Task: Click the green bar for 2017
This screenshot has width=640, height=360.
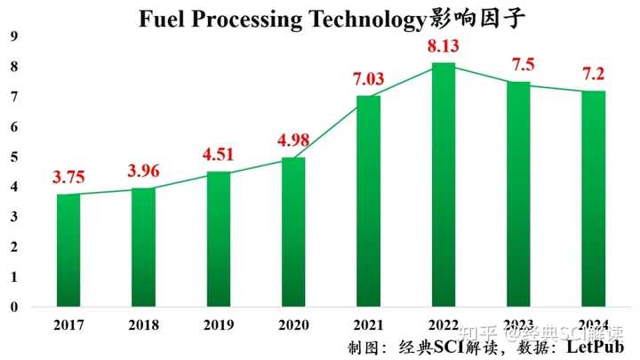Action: tap(68, 251)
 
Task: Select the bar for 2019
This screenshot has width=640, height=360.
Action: tap(219, 239)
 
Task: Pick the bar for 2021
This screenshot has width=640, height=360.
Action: tap(369, 201)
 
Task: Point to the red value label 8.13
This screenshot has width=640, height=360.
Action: tap(444, 46)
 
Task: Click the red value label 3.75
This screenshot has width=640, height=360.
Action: tap(68, 177)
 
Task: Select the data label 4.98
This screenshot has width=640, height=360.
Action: tap(293, 140)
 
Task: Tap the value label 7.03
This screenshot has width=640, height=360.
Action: tap(369, 79)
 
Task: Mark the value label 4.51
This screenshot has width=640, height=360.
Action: tap(219, 155)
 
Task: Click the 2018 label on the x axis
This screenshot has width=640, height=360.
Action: tap(144, 326)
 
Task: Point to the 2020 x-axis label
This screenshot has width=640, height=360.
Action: tap(293, 326)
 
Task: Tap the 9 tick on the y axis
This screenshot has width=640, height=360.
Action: tap(13, 36)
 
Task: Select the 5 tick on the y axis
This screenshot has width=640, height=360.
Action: tap(13, 157)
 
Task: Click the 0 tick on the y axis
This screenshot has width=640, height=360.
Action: tap(13, 308)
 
